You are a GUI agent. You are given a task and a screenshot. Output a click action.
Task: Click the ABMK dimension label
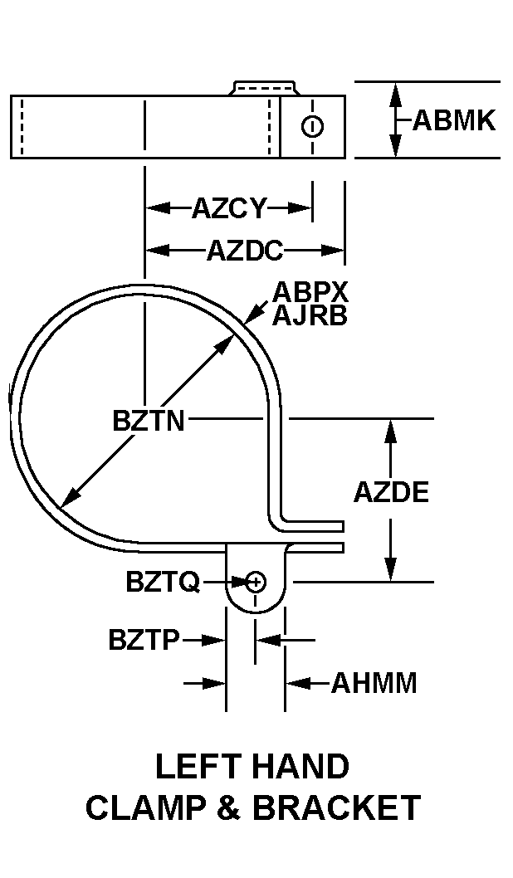coord(453,121)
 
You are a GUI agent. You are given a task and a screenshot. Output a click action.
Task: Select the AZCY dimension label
coord(229,208)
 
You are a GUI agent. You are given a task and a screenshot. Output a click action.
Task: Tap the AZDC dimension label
coord(245,250)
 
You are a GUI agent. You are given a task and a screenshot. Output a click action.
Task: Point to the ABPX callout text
coord(310,292)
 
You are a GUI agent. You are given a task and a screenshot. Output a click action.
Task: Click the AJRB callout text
coord(310,315)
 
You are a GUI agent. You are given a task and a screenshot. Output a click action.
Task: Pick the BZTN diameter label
coord(149,421)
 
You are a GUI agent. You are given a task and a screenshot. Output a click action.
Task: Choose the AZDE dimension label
coord(391,492)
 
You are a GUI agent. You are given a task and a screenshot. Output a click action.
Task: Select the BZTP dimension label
coord(144,640)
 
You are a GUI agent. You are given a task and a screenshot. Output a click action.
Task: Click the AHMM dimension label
coord(374,684)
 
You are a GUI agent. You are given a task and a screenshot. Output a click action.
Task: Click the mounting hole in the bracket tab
coord(256,581)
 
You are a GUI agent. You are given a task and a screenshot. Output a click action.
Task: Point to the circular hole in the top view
coord(312,127)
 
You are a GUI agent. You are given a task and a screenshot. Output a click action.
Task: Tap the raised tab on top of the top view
coord(264,87)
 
